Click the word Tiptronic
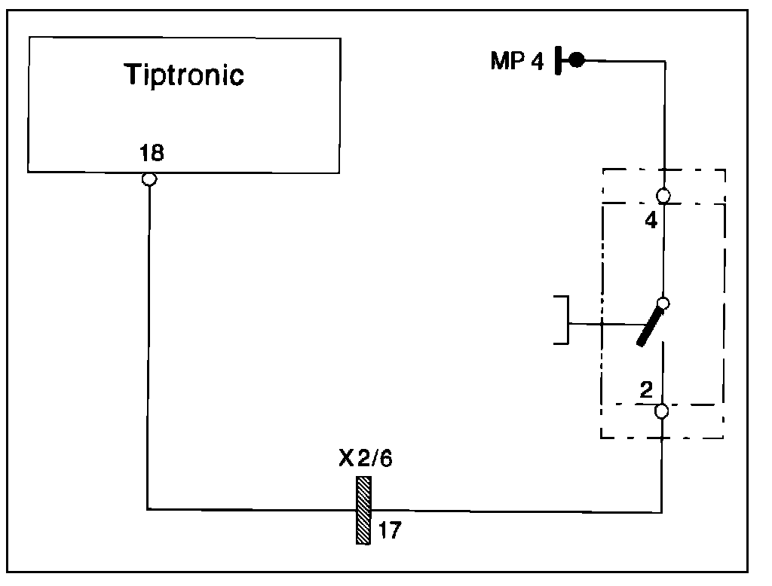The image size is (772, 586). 184,75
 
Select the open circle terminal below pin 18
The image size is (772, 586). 149,179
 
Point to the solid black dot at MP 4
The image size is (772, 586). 576,60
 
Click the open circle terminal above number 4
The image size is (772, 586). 663,196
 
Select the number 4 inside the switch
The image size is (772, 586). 651,221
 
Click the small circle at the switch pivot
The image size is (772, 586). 663,304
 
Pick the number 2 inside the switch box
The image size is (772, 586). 646,390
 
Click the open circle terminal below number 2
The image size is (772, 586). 662,411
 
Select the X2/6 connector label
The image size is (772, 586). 365,459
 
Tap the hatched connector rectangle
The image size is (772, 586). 364,510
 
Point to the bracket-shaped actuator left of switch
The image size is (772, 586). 562,321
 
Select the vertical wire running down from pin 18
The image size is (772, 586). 149,339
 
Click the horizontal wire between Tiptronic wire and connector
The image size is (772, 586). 249,509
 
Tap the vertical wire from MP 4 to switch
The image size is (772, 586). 664,121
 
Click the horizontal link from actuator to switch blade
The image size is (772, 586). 603,325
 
